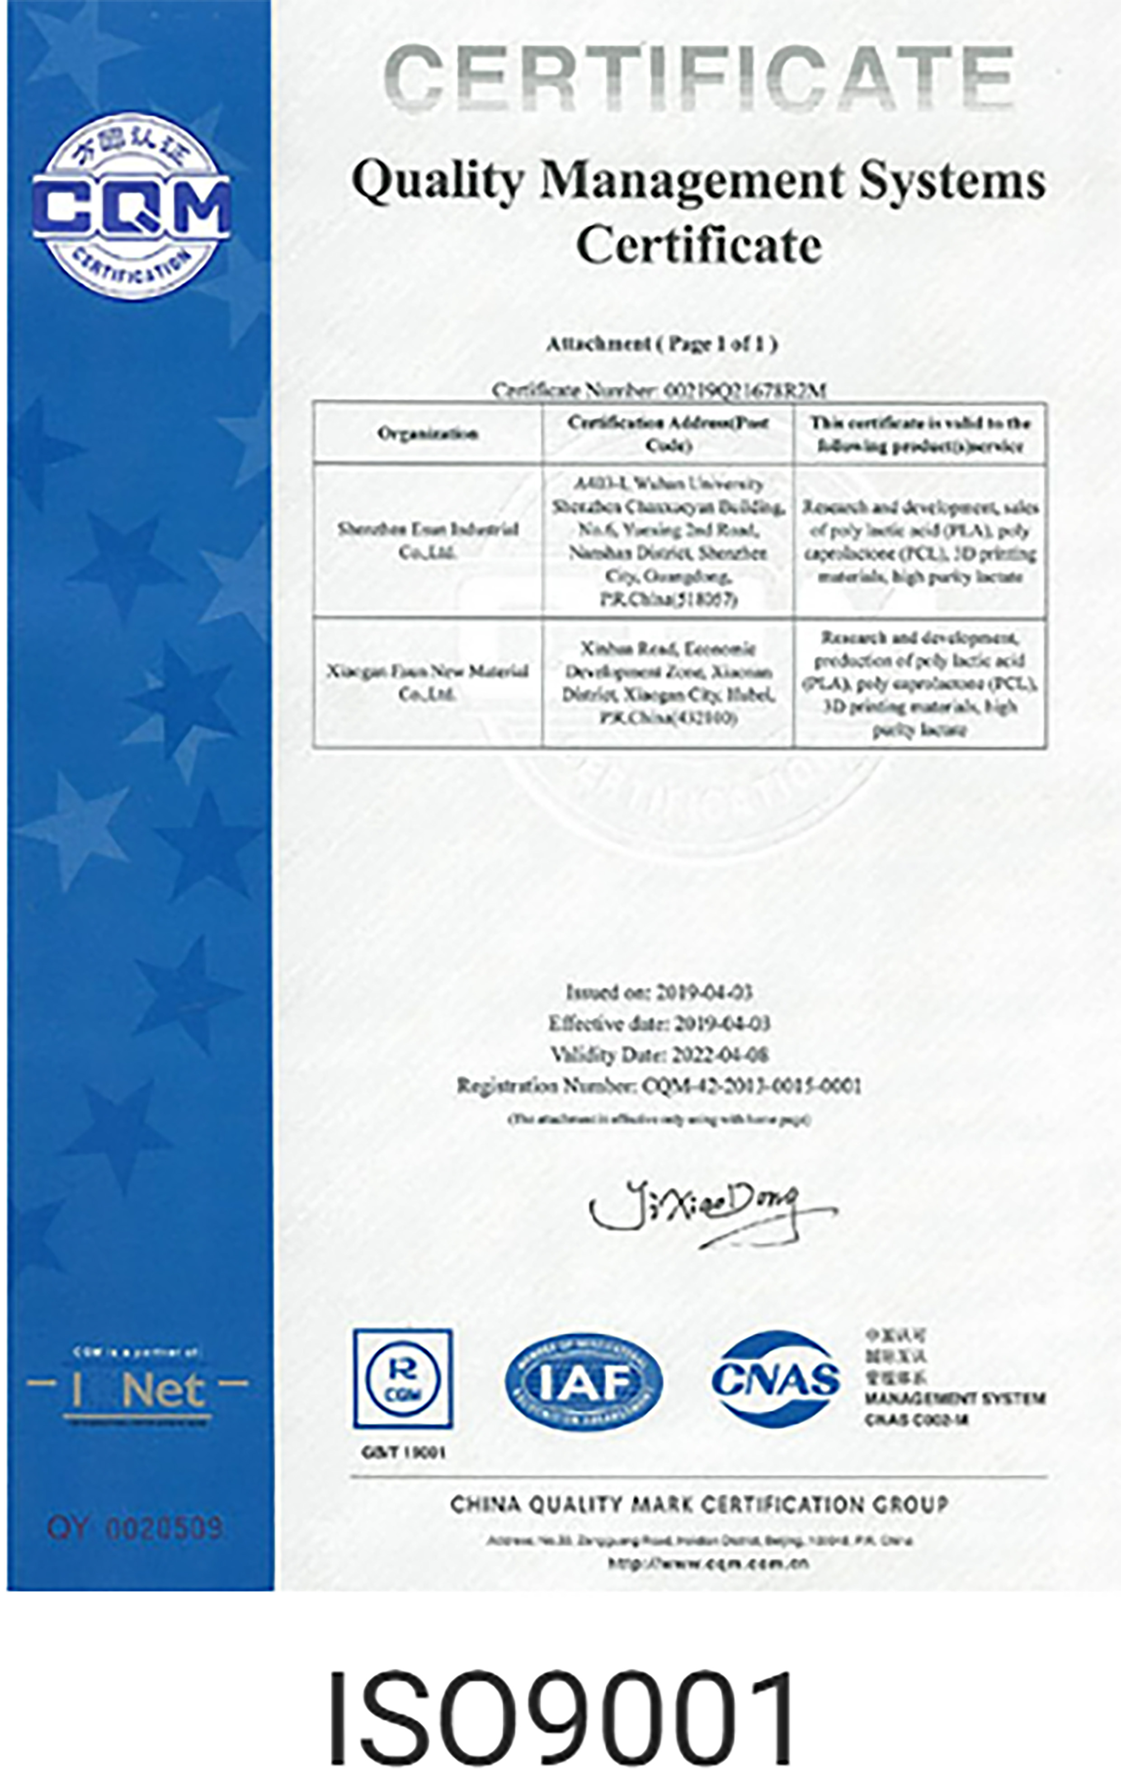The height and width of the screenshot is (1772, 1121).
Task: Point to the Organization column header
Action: click(428, 434)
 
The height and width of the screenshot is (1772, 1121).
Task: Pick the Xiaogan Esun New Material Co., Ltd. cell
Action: click(428, 682)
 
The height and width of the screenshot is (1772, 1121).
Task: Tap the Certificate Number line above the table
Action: click(659, 391)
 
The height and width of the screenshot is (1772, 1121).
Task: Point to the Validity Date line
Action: click(659, 1055)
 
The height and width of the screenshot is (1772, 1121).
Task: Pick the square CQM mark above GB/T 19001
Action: click(403, 1378)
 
